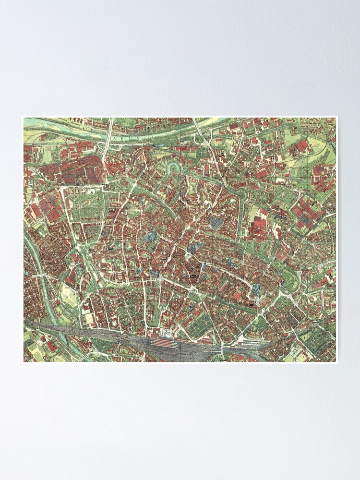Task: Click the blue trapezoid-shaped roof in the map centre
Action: [x=216, y=223]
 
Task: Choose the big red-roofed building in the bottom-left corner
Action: [x=51, y=346]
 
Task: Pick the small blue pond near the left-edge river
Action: [x=26, y=274]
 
